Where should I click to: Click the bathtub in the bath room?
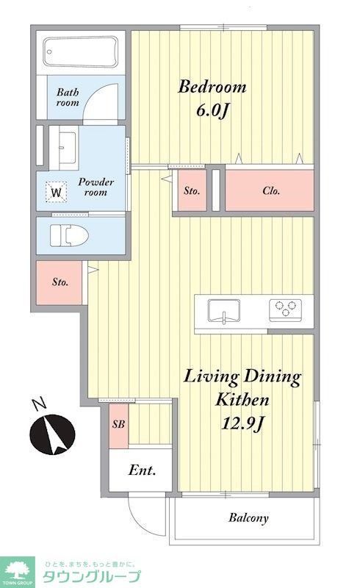coord(81,52)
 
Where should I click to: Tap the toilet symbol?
coord(69,236)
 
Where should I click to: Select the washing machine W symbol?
coord(57,193)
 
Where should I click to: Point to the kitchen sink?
coord(224,311)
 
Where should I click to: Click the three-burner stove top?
coord(285,309)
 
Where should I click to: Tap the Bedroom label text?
coord(212,87)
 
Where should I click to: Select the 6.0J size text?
coord(212,110)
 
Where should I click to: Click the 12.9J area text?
coord(243,423)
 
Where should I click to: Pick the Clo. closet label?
coord(271,191)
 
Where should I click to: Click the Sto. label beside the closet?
coord(192,191)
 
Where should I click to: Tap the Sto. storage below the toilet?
coord(60,282)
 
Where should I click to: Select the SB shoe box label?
coord(118,424)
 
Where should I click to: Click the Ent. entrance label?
coord(142,470)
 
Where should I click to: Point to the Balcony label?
coord(248,518)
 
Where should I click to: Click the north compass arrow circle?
coord(52,434)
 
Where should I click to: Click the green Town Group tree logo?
coord(17,572)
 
